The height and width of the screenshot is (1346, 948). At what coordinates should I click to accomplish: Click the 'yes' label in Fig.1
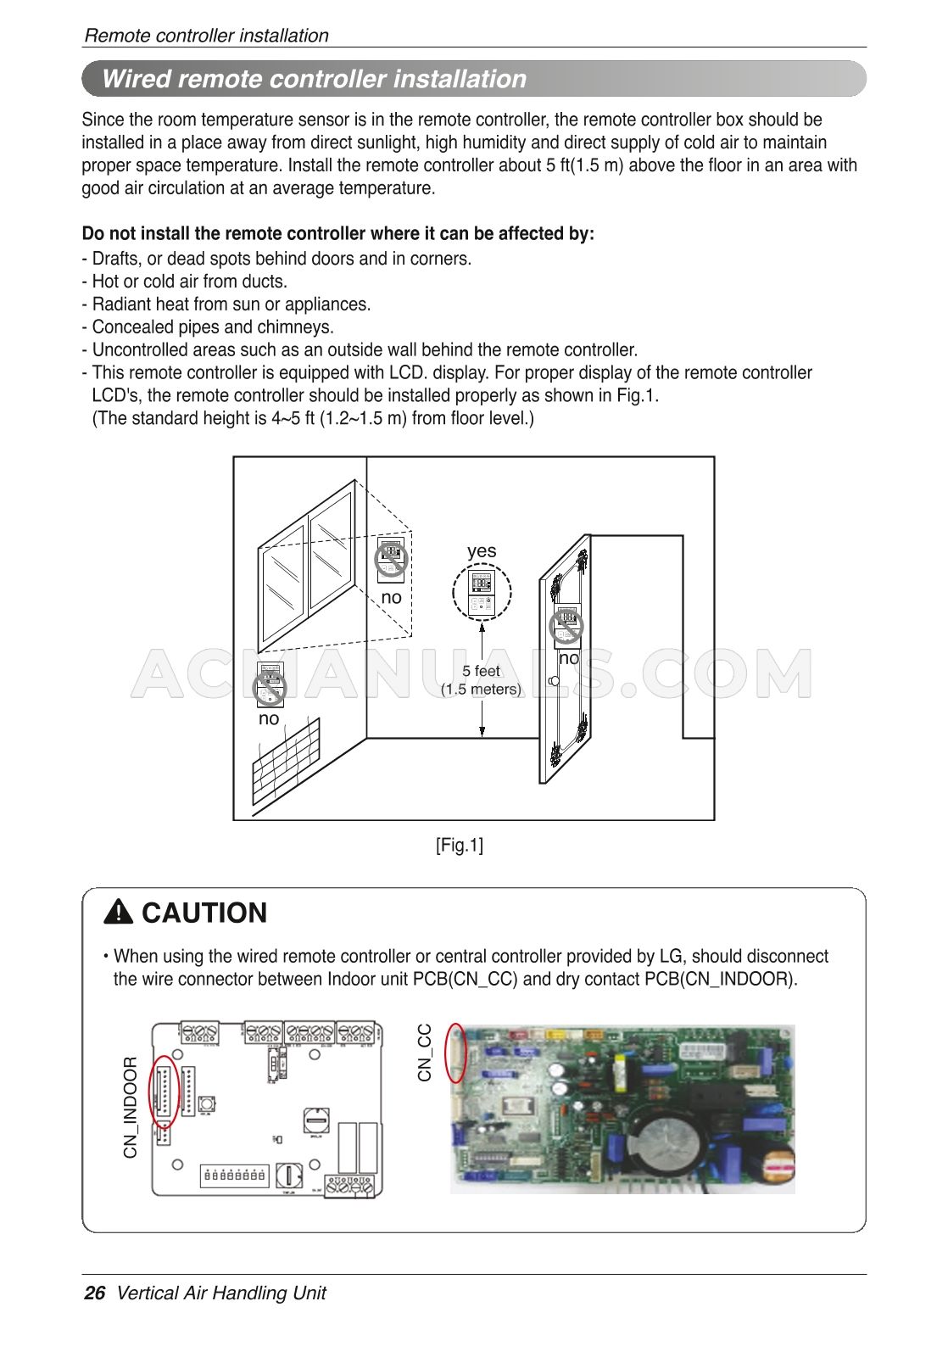coord(482,551)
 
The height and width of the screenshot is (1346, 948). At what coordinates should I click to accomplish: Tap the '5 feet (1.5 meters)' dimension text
coord(481,680)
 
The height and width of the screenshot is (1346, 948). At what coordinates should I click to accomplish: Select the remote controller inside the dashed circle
coord(481,593)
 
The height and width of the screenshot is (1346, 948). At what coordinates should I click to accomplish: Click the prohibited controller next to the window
coord(391,560)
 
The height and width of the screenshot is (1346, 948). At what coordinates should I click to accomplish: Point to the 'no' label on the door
coord(569,658)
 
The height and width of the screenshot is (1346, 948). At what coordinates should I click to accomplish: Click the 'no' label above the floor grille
coord(269,719)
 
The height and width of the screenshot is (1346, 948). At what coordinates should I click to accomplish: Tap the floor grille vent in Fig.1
coord(287,761)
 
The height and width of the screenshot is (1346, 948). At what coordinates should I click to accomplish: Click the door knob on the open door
coord(553,681)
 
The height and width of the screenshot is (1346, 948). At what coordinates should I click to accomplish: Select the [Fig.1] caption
coord(460,845)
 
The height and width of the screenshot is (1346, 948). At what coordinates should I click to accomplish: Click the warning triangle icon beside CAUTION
coord(119,913)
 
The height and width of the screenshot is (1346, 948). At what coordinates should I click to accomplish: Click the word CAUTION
coord(204,913)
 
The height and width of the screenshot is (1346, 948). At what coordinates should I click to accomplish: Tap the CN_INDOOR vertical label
coord(130,1107)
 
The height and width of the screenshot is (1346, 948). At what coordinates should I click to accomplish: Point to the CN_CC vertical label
coord(425,1052)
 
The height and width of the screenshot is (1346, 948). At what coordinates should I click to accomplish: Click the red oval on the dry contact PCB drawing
coord(163,1091)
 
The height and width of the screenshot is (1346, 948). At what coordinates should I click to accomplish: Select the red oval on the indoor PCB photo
coord(456,1053)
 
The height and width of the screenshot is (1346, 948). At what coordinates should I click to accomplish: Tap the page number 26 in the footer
coord(95,1293)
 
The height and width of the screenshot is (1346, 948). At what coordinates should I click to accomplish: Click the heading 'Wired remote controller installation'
coord(314,79)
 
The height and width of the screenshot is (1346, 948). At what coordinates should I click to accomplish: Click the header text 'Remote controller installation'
coord(206,36)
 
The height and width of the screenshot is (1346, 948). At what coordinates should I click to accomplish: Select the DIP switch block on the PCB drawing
coord(234,1176)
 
